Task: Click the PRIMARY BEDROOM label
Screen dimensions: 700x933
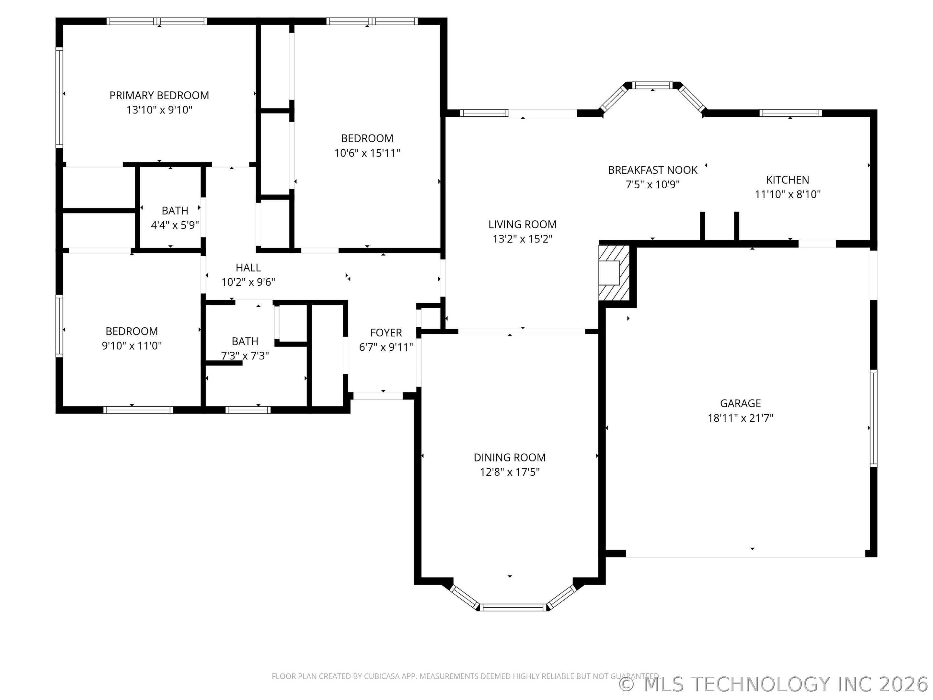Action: pos(159,95)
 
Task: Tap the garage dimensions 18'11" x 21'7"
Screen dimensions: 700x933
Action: pos(740,418)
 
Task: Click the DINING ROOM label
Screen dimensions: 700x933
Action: pos(510,457)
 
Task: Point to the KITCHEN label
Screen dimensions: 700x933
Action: pos(788,180)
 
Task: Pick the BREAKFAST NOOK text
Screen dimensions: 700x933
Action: pos(652,170)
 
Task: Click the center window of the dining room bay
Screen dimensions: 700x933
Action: pos(513,607)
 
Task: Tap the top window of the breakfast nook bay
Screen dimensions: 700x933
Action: pos(652,85)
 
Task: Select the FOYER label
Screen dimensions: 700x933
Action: pos(386,332)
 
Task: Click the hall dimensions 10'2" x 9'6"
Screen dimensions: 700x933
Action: pos(248,282)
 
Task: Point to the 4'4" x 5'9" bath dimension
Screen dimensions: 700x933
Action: pos(175,225)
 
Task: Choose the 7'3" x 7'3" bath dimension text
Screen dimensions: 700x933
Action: pos(245,356)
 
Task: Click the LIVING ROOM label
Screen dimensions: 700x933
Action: pos(522,225)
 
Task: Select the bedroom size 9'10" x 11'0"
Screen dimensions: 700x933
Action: pos(132,345)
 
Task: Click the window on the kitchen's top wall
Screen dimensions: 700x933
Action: pos(790,113)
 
